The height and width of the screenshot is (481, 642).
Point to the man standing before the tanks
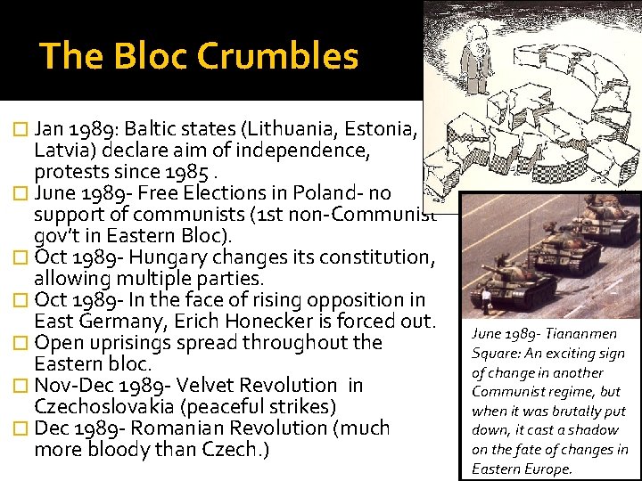coord(485,298)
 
